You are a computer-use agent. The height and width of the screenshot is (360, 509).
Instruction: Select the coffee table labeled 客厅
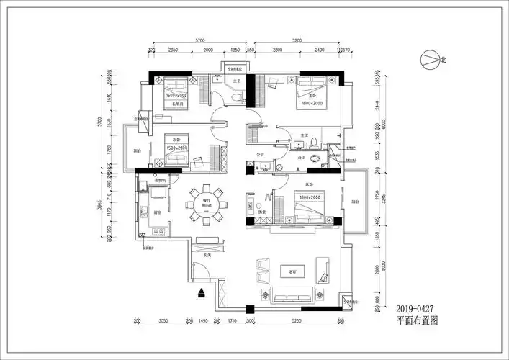294,271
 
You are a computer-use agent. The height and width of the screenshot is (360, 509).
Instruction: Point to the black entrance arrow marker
202,293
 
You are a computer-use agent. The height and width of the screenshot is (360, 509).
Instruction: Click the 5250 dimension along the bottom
299,320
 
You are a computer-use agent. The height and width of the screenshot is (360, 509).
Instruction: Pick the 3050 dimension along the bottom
163,320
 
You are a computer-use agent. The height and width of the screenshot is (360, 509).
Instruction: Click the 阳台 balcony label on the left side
138,151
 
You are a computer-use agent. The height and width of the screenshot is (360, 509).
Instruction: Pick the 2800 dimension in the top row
277,51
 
